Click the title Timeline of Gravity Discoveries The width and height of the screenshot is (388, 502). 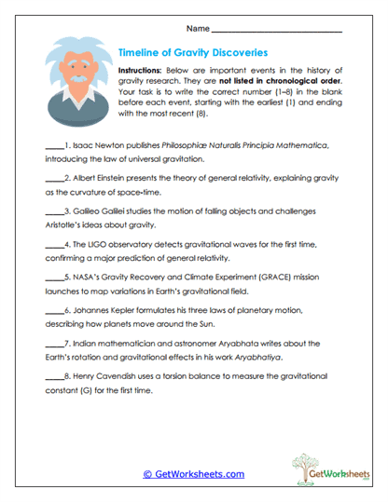pyautogui.click(x=194, y=54)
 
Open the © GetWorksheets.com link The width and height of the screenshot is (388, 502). pyautogui.click(x=193, y=473)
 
